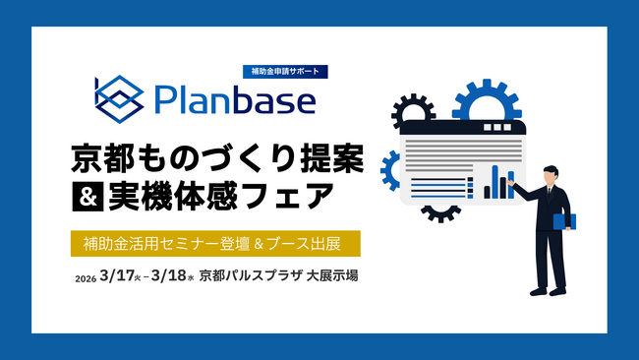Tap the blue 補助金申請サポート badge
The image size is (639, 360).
coord(284,72)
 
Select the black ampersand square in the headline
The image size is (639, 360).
coord(84,197)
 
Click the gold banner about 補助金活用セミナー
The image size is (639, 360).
coord(215,242)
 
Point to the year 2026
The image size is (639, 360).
coord(85,278)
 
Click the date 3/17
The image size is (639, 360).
coord(116,276)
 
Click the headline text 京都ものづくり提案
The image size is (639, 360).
coord(217,155)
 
